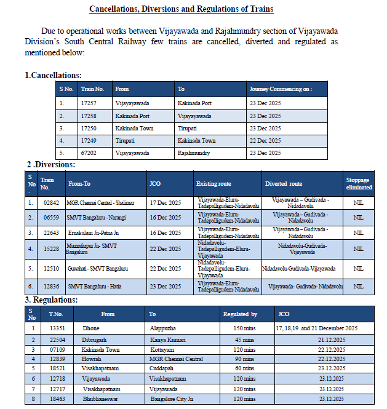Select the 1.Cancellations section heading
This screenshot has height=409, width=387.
[x=53, y=75]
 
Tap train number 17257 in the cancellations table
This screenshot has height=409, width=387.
[x=90, y=103]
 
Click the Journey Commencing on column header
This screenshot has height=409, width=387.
[x=281, y=89]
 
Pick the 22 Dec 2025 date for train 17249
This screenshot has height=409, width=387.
[x=265, y=141]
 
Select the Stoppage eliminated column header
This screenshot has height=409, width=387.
[x=359, y=183]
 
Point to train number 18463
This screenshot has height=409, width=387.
[x=57, y=399]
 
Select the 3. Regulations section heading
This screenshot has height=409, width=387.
[x=51, y=300]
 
